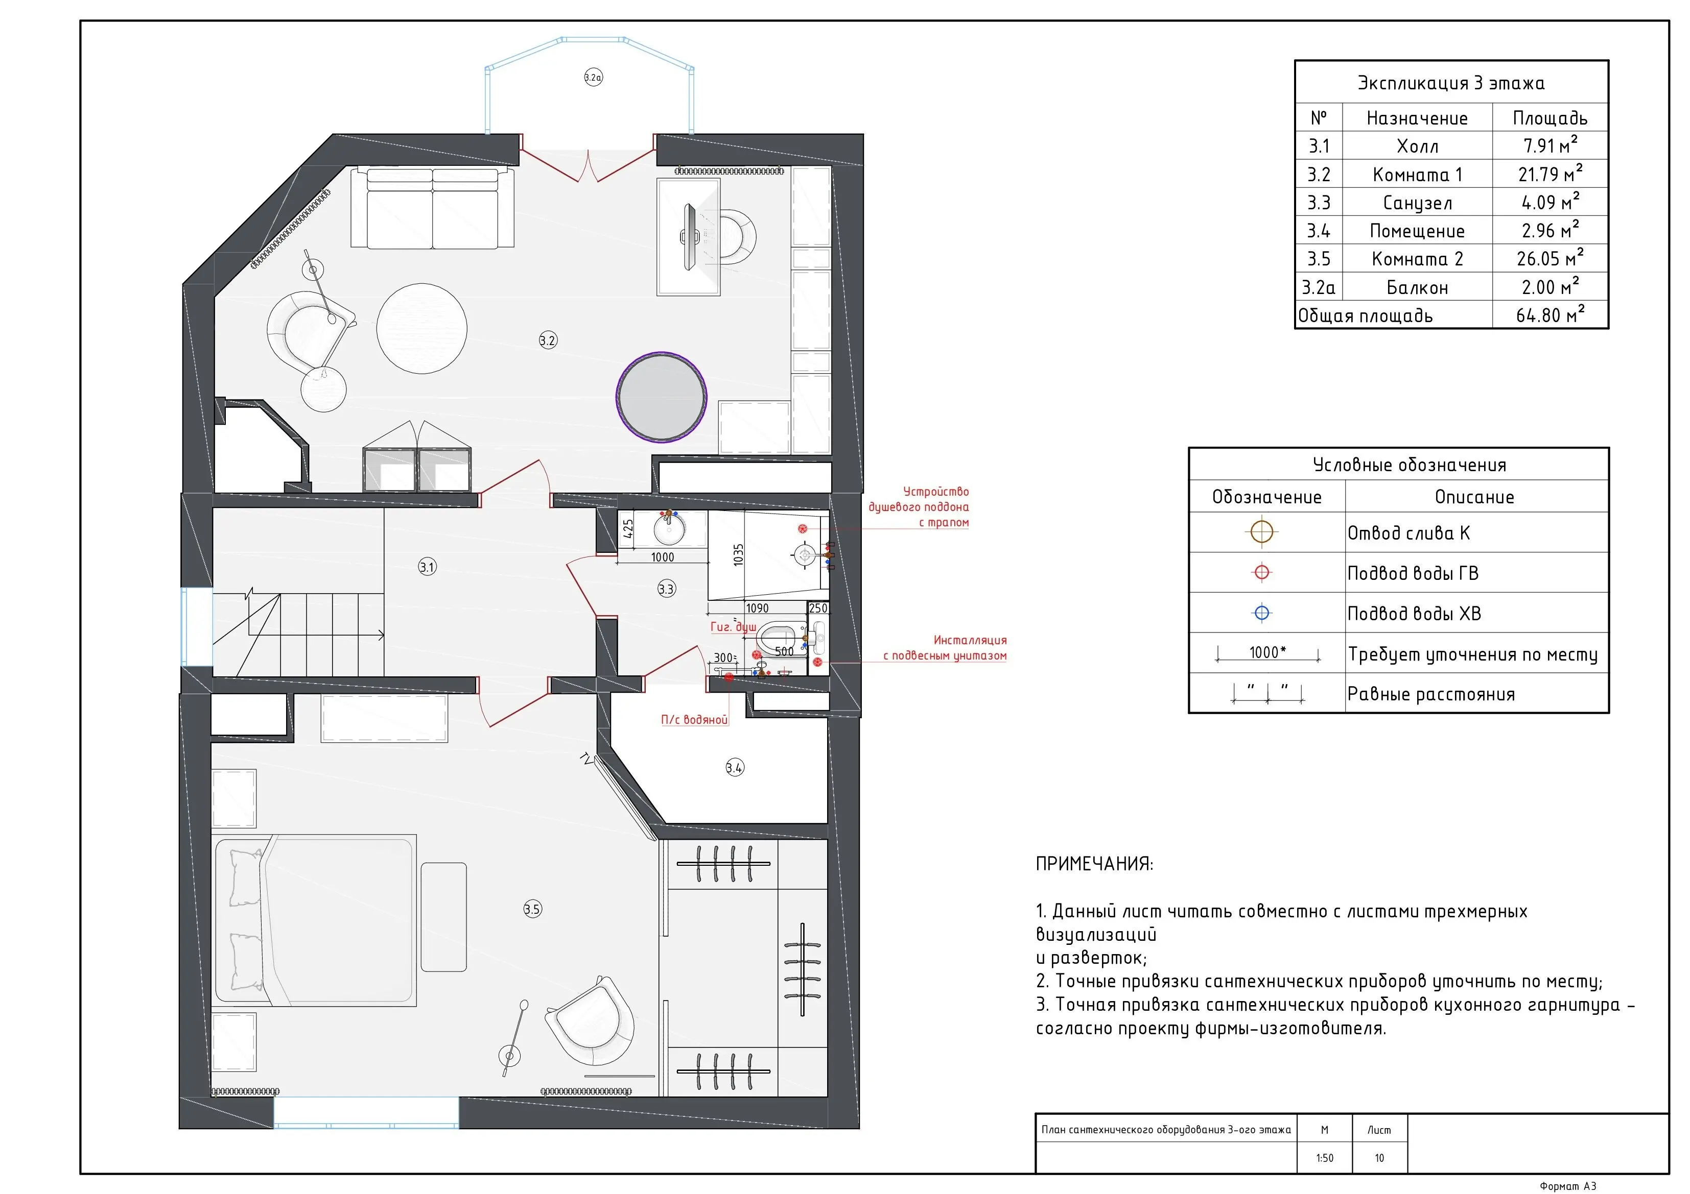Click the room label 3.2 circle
(548, 340)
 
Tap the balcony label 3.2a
(593, 77)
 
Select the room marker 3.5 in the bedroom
(532, 909)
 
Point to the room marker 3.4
(735, 768)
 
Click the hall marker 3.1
(428, 567)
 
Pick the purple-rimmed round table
(661, 397)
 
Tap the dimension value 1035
(738, 555)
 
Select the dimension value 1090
(758, 608)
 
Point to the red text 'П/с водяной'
(694, 719)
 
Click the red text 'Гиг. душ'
(733, 627)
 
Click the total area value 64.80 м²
(1550, 315)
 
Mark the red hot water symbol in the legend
(1261, 572)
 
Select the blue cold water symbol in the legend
(1261, 613)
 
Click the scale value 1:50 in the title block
(1324, 1158)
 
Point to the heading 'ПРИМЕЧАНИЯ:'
(1094, 864)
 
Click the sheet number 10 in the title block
(1379, 1158)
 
